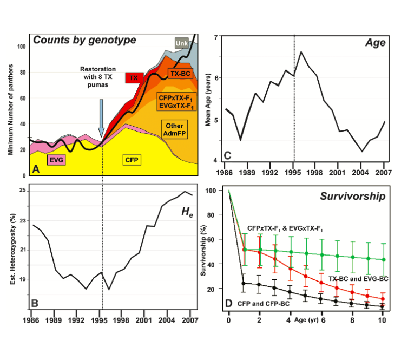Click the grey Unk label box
point(182,43)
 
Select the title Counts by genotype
point(84,40)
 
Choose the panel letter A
point(35,170)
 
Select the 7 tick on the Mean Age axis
point(215,37)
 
